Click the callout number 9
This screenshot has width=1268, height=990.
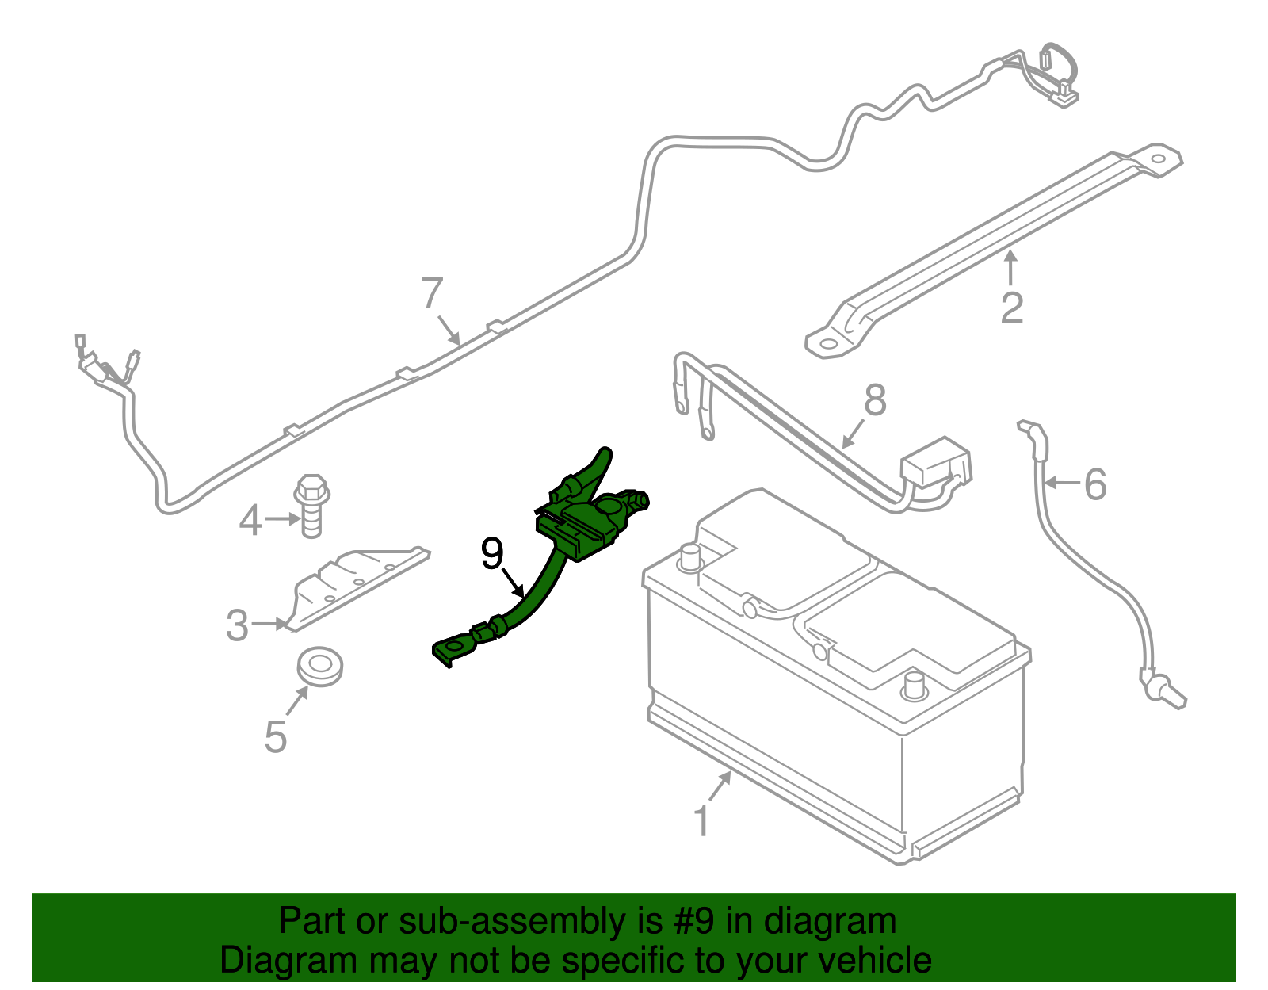(492, 553)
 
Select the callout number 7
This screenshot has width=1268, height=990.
(432, 293)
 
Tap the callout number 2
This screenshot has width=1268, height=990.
(1012, 308)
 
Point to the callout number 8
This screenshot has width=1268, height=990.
(875, 400)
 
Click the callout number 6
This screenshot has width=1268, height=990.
(1095, 484)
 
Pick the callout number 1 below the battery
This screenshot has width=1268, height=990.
(702, 821)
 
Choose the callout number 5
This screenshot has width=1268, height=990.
(275, 737)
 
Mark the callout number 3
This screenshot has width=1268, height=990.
(237, 625)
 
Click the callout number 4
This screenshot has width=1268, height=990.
(250, 521)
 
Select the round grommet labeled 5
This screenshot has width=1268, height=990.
(320, 665)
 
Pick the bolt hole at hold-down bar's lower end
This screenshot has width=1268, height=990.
(827, 344)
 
